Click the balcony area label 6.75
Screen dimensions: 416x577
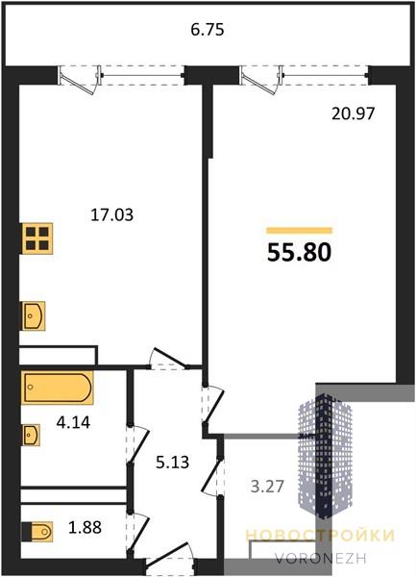pos(208,30)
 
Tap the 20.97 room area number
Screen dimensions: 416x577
pos(354,113)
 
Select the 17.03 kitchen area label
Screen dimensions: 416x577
pos(111,214)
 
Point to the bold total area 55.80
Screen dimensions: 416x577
pos(299,253)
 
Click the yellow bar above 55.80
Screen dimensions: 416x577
pos(299,231)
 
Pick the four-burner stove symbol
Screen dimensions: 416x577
pos(37,238)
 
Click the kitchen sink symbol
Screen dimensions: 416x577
pos(34,315)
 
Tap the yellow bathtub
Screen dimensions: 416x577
pos(58,388)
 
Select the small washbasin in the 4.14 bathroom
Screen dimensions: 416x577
pos(32,435)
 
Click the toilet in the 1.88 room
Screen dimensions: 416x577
pos(37,532)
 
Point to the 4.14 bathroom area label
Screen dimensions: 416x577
pos(73,422)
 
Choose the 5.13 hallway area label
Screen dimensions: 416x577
pos(172,463)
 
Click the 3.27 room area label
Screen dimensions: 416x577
pos(267,487)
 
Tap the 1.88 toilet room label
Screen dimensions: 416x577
pos(85,527)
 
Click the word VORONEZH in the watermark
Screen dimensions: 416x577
pos(321,558)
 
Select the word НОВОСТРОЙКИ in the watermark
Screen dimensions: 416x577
pos(320,536)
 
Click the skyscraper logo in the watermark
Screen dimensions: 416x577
pos(325,456)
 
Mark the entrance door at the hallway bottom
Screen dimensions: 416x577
pos(170,558)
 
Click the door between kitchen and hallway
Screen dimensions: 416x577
pos(168,359)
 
